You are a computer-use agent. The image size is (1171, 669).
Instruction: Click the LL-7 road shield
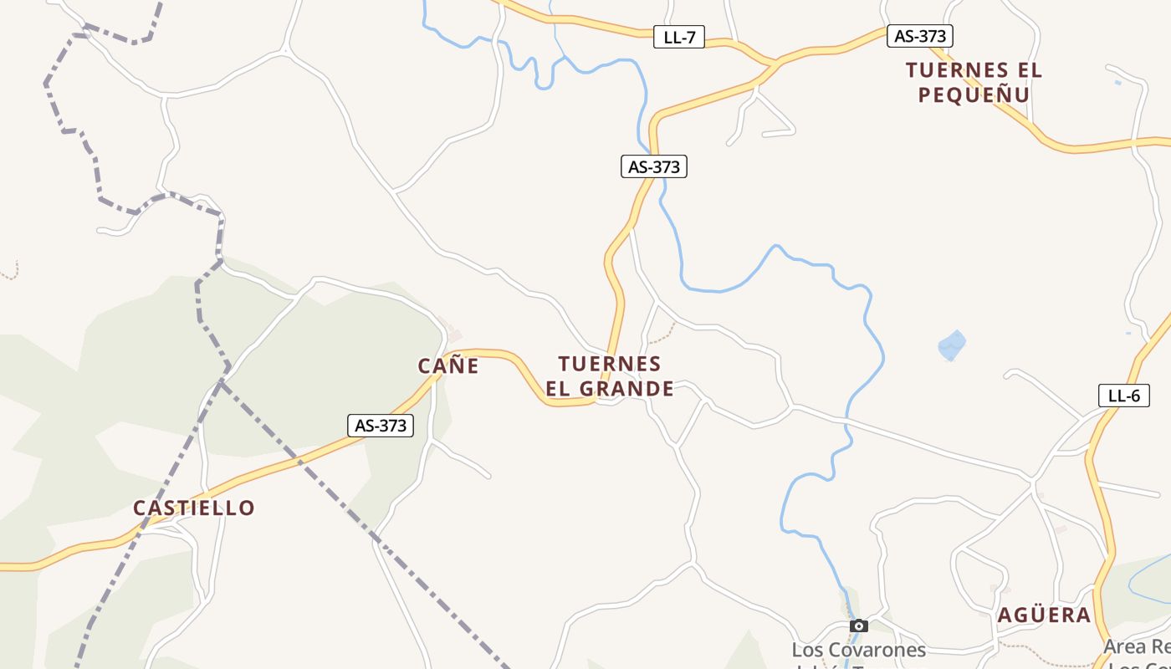678,37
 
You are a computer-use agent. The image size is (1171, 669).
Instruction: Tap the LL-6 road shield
1123,396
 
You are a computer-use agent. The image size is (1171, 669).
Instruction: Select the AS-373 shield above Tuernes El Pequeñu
919,36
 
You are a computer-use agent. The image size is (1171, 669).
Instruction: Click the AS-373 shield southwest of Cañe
381,426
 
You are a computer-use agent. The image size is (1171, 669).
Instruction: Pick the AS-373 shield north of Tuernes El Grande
653,166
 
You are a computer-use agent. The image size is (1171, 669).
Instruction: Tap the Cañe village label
448,365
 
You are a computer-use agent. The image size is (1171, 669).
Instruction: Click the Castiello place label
194,508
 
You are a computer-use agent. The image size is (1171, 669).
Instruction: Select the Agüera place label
1044,615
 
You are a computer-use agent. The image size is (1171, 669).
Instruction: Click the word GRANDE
626,389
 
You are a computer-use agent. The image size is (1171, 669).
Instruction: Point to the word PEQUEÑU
974,94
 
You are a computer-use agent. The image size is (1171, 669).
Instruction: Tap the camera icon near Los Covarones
858,626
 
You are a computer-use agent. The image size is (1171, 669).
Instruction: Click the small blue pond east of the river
952,345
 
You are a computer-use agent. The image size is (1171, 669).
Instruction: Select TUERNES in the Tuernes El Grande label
610,364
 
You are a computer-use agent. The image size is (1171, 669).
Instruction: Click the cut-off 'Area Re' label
1136,646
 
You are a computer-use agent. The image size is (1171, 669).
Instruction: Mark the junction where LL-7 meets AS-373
775,62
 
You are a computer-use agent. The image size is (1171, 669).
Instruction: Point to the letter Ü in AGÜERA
1034,615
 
